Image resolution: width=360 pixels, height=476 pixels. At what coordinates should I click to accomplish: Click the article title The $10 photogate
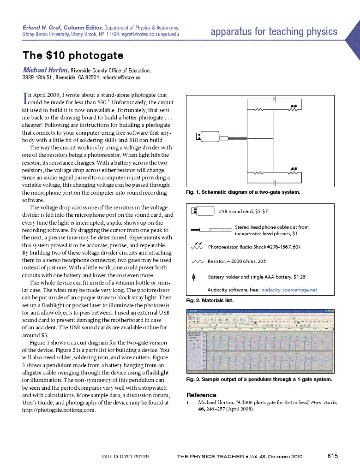[73, 56]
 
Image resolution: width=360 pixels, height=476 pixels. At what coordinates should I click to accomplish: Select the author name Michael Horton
[46, 70]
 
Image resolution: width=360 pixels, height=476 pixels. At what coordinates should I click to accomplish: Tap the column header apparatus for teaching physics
[274, 32]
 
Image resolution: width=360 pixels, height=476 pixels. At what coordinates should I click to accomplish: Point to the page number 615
[332, 456]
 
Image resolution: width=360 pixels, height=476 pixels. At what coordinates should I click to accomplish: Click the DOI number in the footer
[125, 457]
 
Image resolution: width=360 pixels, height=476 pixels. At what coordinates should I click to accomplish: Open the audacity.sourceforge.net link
[289, 290]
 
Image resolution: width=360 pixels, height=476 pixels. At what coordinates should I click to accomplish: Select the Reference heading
[201, 395]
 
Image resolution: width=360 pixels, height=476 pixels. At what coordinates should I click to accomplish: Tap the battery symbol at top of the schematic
[274, 99]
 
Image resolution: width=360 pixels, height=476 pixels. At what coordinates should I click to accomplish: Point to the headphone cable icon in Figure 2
[211, 230]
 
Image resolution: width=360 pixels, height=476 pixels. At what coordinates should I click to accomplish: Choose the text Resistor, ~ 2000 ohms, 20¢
[236, 261]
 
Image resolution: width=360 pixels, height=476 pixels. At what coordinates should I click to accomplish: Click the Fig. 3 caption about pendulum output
[259, 379]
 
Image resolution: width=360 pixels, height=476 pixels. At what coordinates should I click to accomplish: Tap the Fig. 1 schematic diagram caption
[243, 191]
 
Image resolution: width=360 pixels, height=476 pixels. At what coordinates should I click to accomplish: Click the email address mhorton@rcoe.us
[121, 77]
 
